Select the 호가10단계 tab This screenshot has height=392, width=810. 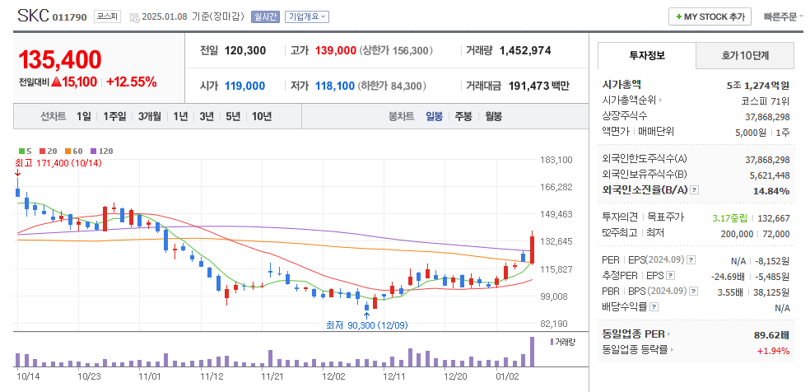pyautogui.click(x=745, y=55)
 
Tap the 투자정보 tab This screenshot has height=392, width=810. pyautogui.click(x=646, y=55)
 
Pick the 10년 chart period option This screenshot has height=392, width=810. pyautogui.click(x=262, y=116)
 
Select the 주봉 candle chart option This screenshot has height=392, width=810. pyautogui.click(x=463, y=116)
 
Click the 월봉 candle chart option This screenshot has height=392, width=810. pyautogui.click(x=493, y=116)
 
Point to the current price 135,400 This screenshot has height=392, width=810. pyautogui.click(x=60, y=59)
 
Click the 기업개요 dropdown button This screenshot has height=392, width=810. pyautogui.click(x=307, y=16)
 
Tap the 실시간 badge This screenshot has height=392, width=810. pyautogui.click(x=265, y=16)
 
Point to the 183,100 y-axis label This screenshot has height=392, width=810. pyautogui.click(x=556, y=160)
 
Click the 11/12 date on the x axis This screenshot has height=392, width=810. pyautogui.click(x=212, y=376)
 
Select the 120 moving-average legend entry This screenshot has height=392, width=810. pyautogui.click(x=103, y=151)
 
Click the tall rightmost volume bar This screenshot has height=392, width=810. pyautogui.click(x=533, y=352)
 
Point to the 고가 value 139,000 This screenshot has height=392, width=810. pyautogui.click(x=335, y=51)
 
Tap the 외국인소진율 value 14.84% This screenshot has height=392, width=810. pyautogui.click(x=770, y=191)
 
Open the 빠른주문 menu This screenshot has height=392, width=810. pyautogui.click(x=782, y=16)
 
